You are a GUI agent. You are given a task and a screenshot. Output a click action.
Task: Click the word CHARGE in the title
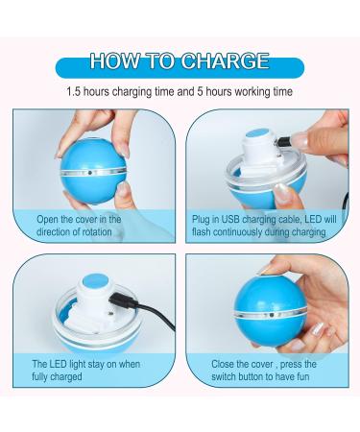(x=226, y=60)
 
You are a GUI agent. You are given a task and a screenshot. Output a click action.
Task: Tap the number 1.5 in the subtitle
(x=73, y=92)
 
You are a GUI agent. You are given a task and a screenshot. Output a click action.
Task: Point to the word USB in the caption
(x=230, y=219)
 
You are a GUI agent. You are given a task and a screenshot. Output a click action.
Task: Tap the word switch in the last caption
(x=225, y=376)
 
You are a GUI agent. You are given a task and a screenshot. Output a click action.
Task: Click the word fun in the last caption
(x=302, y=376)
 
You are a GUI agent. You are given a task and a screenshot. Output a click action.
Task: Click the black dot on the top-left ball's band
(x=90, y=173)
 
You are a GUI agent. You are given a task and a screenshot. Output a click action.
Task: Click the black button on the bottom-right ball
(x=272, y=315)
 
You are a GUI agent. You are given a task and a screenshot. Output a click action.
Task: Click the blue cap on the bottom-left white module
(x=95, y=282)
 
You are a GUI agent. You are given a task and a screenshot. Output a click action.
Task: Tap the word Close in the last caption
(x=223, y=364)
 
